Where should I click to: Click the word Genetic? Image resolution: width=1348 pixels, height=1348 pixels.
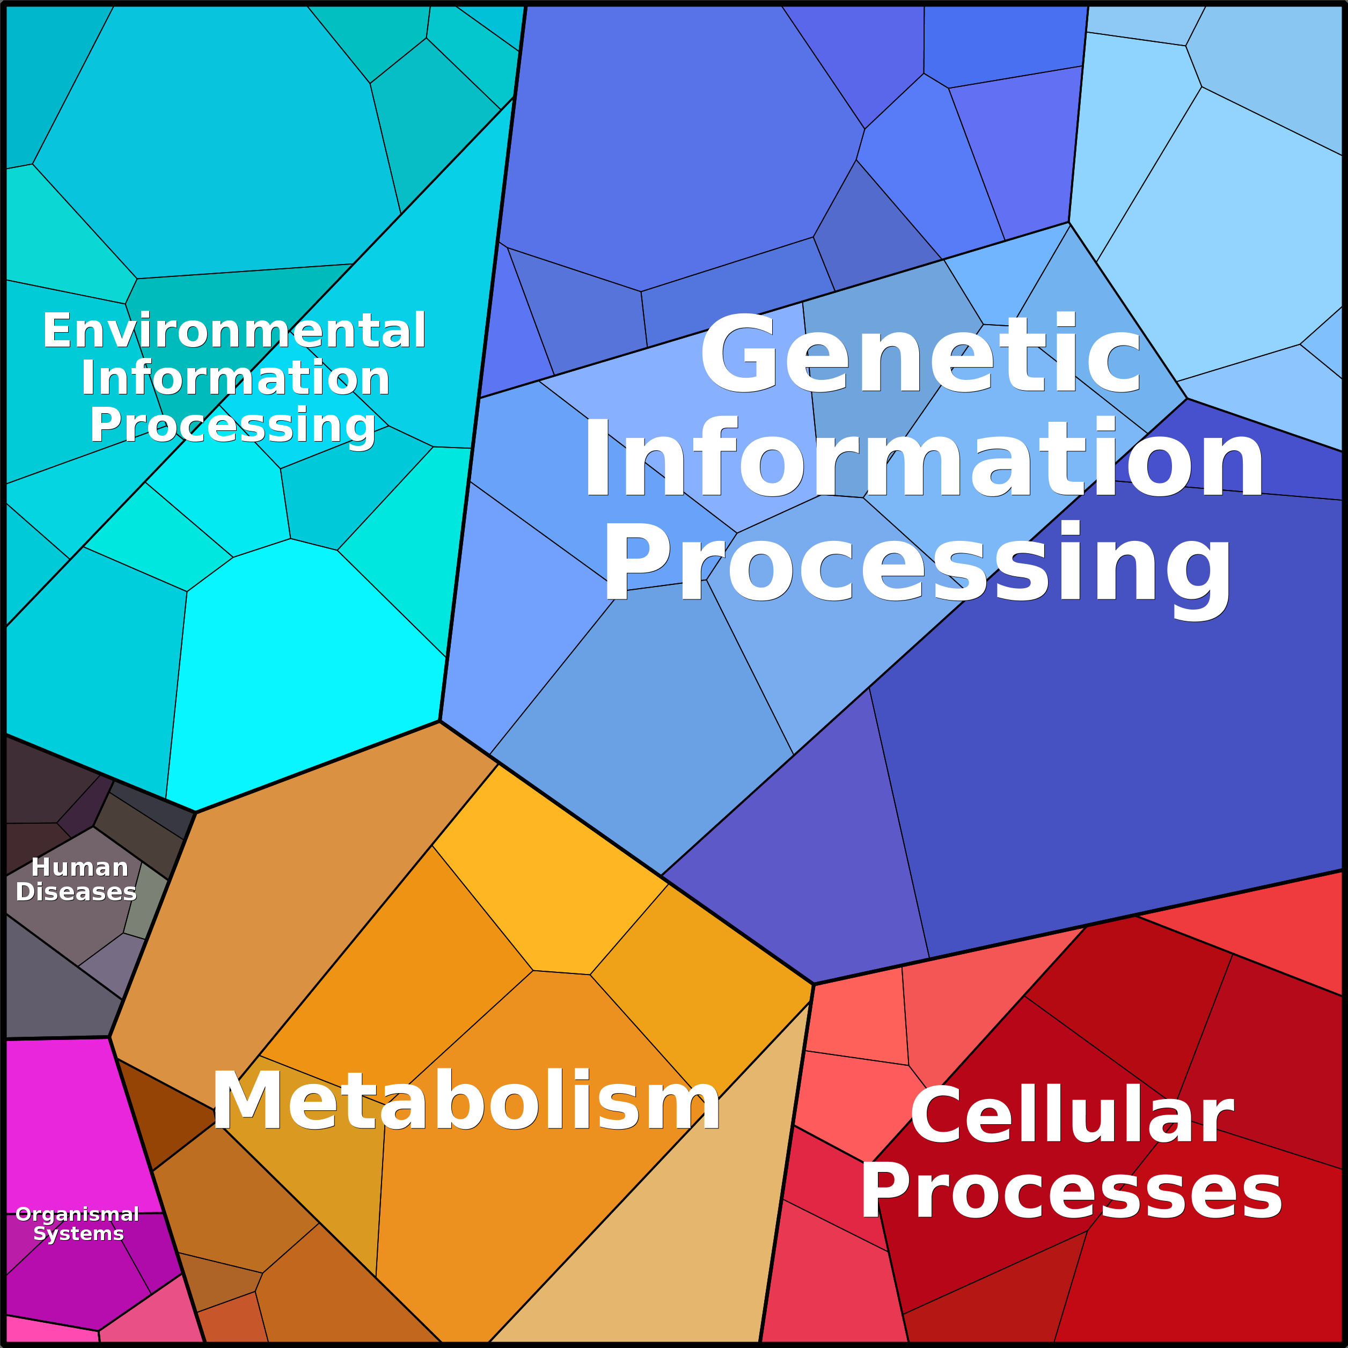click(920, 354)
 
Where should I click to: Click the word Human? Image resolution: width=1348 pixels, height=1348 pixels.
click(79, 867)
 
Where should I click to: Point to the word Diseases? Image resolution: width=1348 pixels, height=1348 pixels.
click(76, 892)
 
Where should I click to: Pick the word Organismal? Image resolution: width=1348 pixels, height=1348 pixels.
click(77, 1214)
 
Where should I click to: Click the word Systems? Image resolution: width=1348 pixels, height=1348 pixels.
click(79, 1234)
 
